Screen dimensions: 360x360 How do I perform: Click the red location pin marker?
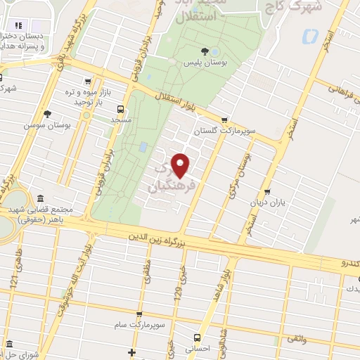tap(181, 165)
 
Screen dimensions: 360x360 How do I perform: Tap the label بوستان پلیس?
tap(204, 64)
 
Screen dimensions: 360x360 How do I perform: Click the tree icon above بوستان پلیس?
tap(205, 51)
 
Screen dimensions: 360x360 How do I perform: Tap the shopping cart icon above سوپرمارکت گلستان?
tap(224, 120)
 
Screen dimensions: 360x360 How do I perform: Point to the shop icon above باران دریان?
tap(267, 191)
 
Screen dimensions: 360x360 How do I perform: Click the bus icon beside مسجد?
tap(121, 109)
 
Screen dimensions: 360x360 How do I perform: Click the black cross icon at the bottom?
tap(131, 351)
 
